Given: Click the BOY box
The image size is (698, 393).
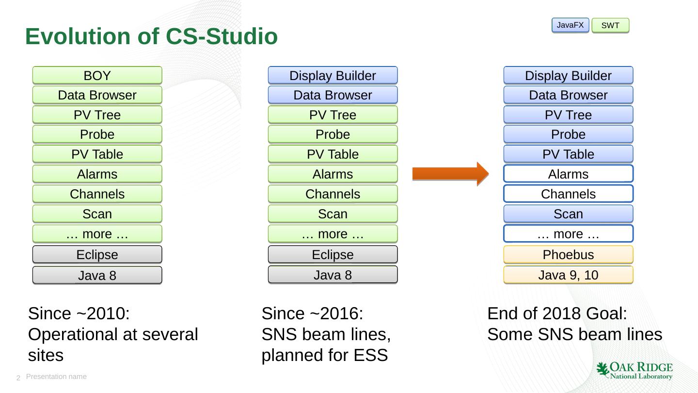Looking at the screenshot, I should [x=97, y=75].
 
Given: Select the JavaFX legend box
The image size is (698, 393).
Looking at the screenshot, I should [x=570, y=25].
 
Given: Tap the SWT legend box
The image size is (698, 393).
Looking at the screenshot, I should [x=610, y=25].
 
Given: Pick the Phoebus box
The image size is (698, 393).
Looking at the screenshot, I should [x=568, y=255].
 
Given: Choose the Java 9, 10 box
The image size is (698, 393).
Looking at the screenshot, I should [x=568, y=275].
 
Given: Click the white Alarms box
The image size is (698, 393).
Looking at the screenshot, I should [x=568, y=174].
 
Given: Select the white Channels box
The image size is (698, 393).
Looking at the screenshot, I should [x=568, y=194].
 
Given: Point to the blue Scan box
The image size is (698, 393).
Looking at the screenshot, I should [x=568, y=214].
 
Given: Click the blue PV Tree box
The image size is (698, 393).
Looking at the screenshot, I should [x=568, y=115].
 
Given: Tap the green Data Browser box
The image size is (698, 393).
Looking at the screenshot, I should [x=97, y=95].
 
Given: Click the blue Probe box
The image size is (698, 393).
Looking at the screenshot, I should [x=568, y=134].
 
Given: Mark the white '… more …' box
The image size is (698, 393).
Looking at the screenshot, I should [x=568, y=234].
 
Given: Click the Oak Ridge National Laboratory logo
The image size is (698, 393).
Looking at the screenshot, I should [x=634, y=370].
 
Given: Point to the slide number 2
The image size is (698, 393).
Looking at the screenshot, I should [x=18, y=378].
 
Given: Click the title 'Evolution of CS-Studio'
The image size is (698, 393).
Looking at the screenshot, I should [x=151, y=36].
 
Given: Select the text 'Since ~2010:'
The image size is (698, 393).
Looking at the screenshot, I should [x=79, y=313].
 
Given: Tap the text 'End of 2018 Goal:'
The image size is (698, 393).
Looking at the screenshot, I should [x=557, y=313].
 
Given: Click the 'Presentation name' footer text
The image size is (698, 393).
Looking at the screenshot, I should [x=56, y=377].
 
